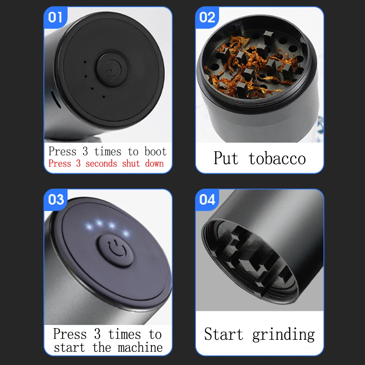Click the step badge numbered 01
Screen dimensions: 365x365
pyautogui.click(x=55, y=17)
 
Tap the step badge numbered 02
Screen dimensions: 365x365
pyautogui.click(x=207, y=17)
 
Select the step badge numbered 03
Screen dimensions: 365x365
pyautogui.click(x=56, y=200)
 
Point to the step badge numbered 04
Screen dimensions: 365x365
pyautogui.click(x=207, y=200)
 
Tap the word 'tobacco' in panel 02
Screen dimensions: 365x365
pyautogui.click(x=277, y=158)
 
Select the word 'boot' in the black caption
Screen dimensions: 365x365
pyautogui.click(x=155, y=151)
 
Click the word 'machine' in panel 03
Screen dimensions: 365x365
pyautogui.click(x=140, y=347)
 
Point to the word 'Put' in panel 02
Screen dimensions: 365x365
pyautogui.click(x=226, y=158)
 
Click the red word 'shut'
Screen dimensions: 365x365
pyautogui.click(x=131, y=163)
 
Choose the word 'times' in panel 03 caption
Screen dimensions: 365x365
pyautogui.click(x=124, y=334)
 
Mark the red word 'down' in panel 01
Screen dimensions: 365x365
pyautogui.click(x=154, y=163)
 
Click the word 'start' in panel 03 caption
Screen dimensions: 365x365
pyautogui.click(x=69, y=347)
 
